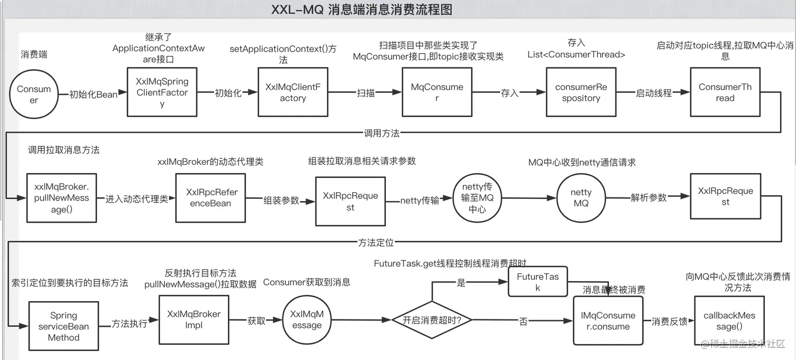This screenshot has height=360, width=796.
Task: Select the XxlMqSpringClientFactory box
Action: point(162,92)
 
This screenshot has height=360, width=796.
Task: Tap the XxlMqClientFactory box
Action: point(293,92)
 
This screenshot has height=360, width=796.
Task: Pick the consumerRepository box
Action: point(581,92)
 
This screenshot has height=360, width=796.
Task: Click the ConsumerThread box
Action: point(725,92)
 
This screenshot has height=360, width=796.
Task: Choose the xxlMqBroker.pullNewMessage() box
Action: point(62,198)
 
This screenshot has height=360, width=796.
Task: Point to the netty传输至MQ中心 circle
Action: point(477,198)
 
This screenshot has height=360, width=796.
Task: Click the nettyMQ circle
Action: point(581,198)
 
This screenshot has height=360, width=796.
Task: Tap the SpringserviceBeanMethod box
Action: point(64,326)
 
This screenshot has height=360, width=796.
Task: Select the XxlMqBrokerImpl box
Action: point(194,319)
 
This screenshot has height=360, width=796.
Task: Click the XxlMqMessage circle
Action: point(307,319)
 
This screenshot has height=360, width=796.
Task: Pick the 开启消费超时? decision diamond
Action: point(432,320)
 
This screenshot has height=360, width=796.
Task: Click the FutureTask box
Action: point(538,282)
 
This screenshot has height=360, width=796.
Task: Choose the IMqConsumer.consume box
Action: point(608,321)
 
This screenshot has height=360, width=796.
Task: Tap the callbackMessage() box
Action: point(729,321)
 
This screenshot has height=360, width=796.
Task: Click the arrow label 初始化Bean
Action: point(93,94)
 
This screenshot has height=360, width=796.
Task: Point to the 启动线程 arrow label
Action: point(654,93)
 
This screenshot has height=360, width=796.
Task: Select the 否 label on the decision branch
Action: point(523,321)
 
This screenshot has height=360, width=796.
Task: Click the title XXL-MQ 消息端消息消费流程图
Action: point(361,9)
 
